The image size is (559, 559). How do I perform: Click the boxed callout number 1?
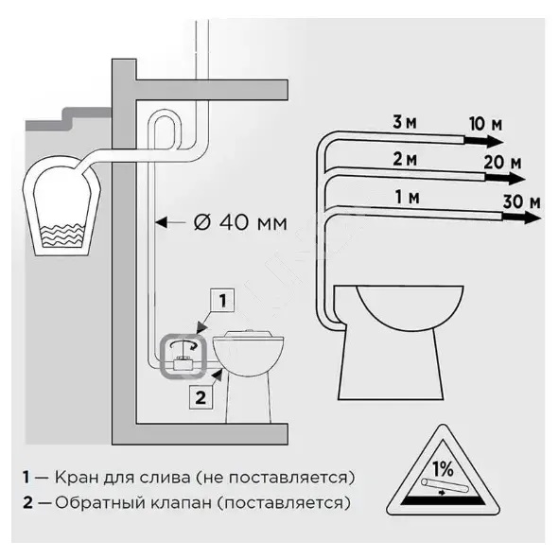coord(222,300)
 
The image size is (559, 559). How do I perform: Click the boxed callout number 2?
coord(201,397)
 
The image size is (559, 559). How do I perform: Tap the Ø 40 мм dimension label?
coord(240,223)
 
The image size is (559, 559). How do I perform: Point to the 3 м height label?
coord(404,122)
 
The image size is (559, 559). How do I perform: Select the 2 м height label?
coord(405,159)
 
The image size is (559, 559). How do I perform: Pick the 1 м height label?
coord(407,197)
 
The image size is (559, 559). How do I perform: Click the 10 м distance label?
coord(485,124)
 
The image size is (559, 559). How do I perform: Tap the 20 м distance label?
coord(502,163)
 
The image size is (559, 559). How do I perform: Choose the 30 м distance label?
coord(521,201)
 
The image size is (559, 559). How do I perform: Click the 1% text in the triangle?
coord(443,469)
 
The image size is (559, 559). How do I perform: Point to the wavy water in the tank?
coord(61,236)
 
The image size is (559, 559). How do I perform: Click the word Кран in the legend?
coord(77,478)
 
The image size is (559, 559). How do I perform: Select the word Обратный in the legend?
coord(98,503)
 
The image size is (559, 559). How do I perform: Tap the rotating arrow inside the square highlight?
coord(183,344)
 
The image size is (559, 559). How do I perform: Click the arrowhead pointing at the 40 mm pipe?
coord(162,223)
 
